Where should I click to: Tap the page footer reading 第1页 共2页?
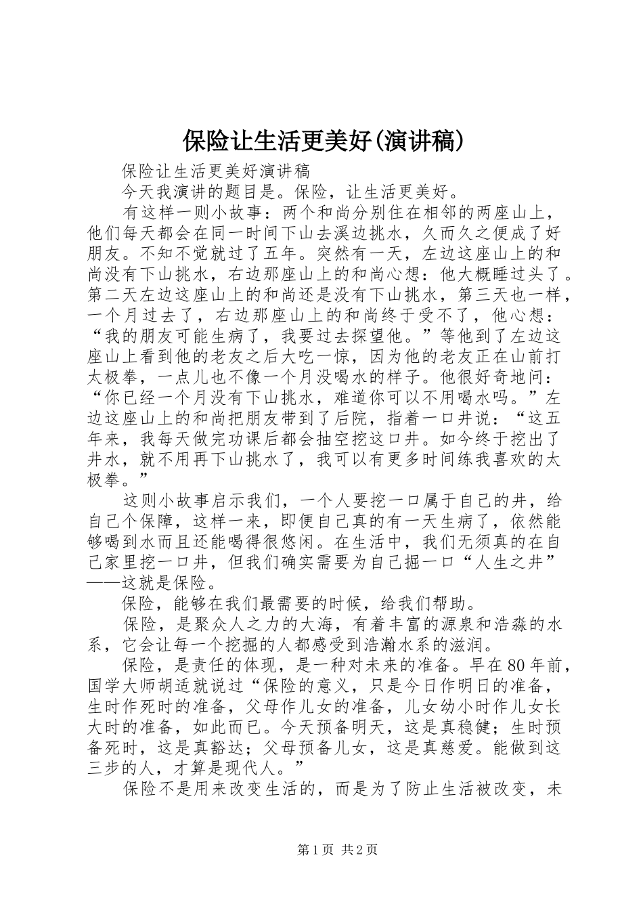pyautogui.click(x=321, y=850)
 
